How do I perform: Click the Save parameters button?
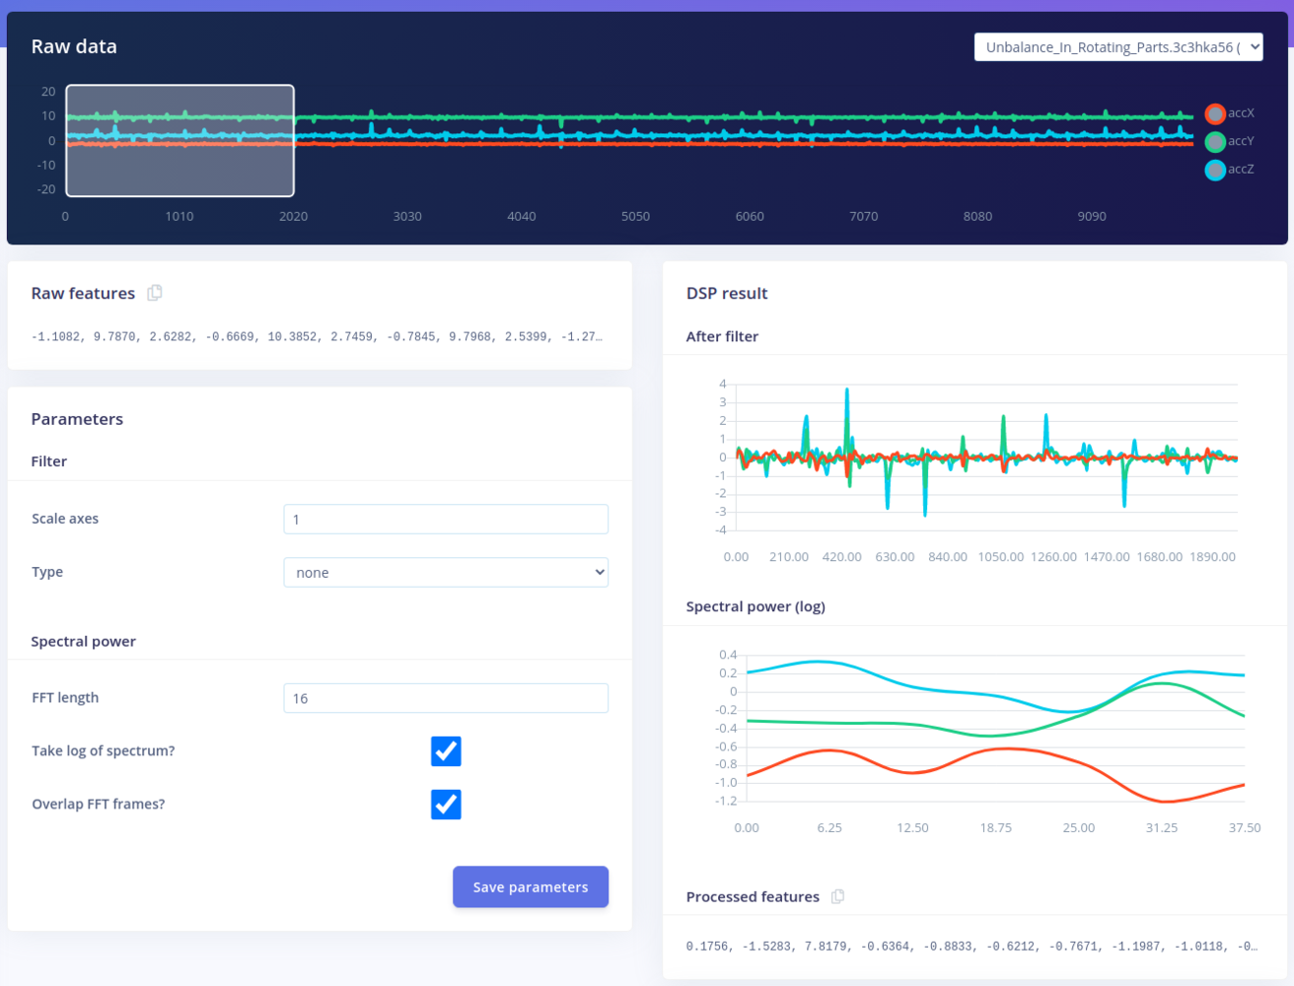pyautogui.click(x=531, y=886)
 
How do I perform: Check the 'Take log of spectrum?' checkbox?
pyautogui.click(x=446, y=751)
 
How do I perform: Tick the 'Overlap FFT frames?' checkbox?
pyautogui.click(x=446, y=805)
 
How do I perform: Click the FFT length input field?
pyautogui.click(x=446, y=698)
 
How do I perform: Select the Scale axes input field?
pyautogui.click(x=446, y=520)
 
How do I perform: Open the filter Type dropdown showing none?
pyautogui.click(x=446, y=573)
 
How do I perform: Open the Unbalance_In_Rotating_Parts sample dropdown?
pyautogui.click(x=1118, y=47)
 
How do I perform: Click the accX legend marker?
pyautogui.click(x=1215, y=113)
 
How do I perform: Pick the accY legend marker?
pyautogui.click(x=1215, y=142)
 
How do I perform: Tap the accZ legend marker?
pyautogui.click(x=1215, y=171)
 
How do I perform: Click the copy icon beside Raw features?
pyautogui.click(x=155, y=293)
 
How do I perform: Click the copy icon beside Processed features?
pyautogui.click(x=837, y=896)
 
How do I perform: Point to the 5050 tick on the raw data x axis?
pyautogui.click(x=635, y=216)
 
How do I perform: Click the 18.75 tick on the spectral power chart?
pyautogui.click(x=995, y=828)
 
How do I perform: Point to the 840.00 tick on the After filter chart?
pyautogui.click(x=948, y=557)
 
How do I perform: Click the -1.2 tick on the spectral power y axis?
pyautogui.click(x=726, y=801)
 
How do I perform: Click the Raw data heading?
pyautogui.click(x=74, y=46)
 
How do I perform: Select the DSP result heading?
pyautogui.click(x=727, y=293)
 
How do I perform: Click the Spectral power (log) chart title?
pyautogui.click(x=755, y=606)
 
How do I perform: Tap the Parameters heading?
pyautogui.click(x=77, y=419)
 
